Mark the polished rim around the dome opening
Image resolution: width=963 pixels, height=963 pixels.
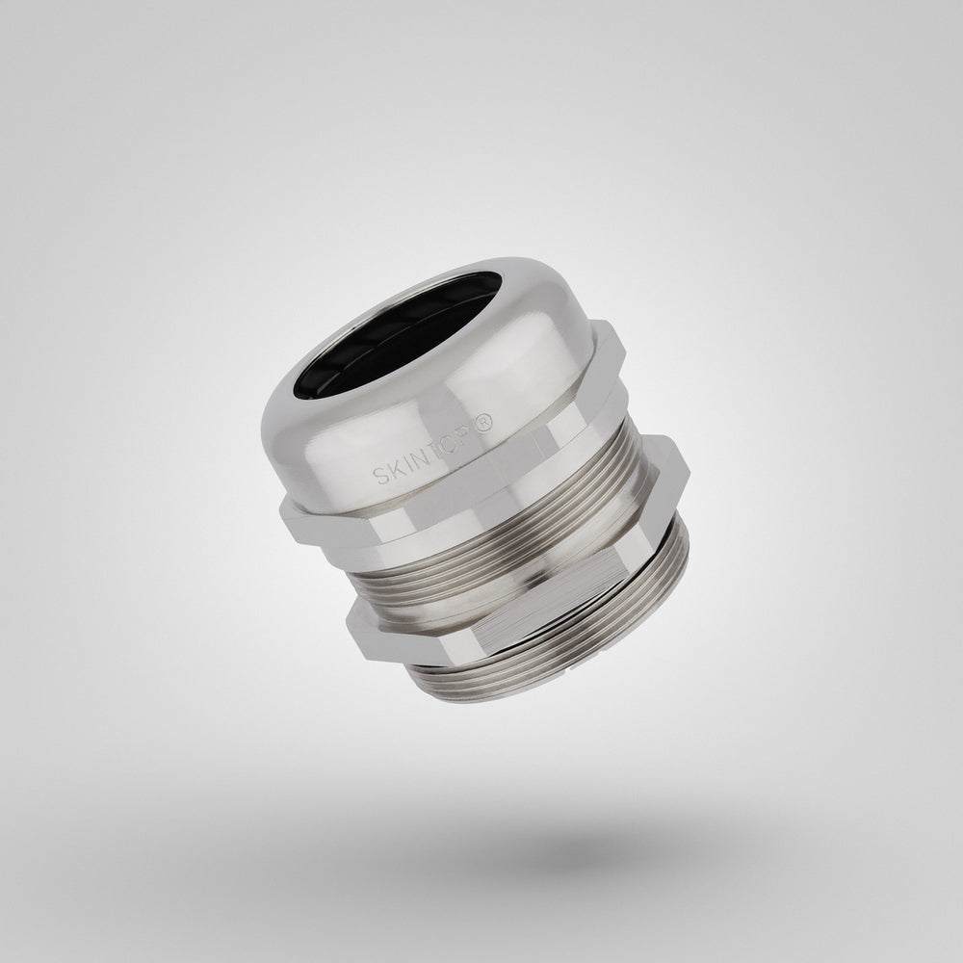(x=318, y=385)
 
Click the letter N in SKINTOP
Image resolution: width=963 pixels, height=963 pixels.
(x=429, y=460)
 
